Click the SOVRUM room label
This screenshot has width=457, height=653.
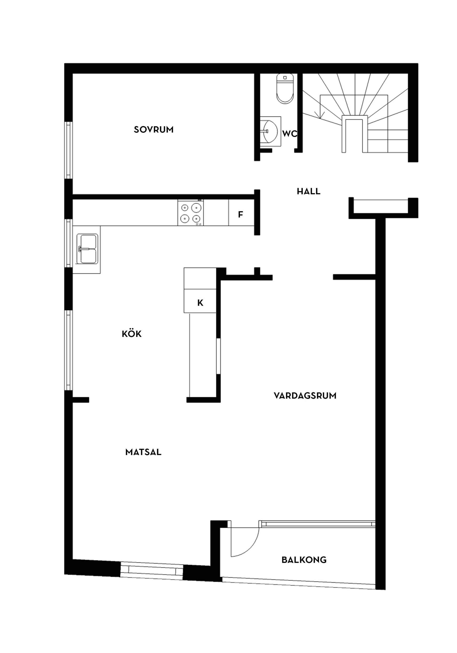coord(154,130)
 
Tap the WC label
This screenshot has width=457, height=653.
coord(289,134)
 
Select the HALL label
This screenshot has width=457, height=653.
coord(308,191)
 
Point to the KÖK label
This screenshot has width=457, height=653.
coord(132,334)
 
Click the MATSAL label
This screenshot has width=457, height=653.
coord(143,452)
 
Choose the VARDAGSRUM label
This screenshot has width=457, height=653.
coord(305,396)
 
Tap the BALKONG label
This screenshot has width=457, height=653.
coord(304,560)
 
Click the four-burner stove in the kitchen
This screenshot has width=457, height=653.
coord(191,213)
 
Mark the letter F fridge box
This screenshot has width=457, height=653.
coord(241,215)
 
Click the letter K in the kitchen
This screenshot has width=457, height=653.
coord(200,303)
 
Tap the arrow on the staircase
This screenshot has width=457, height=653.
coord(322,114)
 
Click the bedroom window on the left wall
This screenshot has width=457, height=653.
coord(68,150)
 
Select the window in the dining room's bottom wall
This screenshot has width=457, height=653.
coord(151,571)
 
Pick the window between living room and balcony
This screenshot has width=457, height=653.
coord(317,524)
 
